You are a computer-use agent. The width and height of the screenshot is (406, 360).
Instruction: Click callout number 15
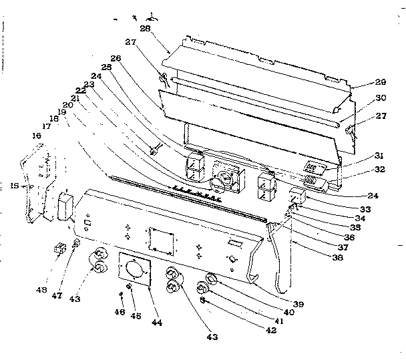(x=14, y=187)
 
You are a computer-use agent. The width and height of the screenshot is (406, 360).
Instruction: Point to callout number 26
(x=116, y=57)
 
